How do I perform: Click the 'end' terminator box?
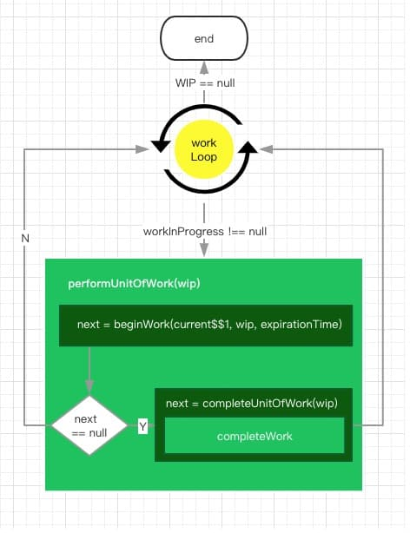pyautogui.click(x=204, y=38)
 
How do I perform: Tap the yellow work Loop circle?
pyautogui.click(x=204, y=149)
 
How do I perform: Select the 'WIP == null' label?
pyautogui.click(x=205, y=83)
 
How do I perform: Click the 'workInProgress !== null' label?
pyautogui.click(x=205, y=232)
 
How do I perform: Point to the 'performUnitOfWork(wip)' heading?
pyautogui.click(x=134, y=284)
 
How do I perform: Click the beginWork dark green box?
pyautogui.click(x=206, y=326)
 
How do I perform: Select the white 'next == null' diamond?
pyautogui.click(x=89, y=425)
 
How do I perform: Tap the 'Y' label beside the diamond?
pyautogui.click(x=143, y=426)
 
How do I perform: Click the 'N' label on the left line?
pyautogui.click(x=25, y=238)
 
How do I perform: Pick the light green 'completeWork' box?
pyautogui.click(x=255, y=436)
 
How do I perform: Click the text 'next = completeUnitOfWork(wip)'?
pyautogui.click(x=252, y=404)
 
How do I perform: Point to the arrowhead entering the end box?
pyautogui.click(x=204, y=68)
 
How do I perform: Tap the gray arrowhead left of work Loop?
pyautogui.click(x=142, y=149)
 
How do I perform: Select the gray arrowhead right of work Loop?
pyautogui.click(x=267, y=149)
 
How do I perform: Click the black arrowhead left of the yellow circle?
pyautogui.click(x=160, y=145)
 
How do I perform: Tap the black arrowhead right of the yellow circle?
pyautogui.click(x=248, y=148)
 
